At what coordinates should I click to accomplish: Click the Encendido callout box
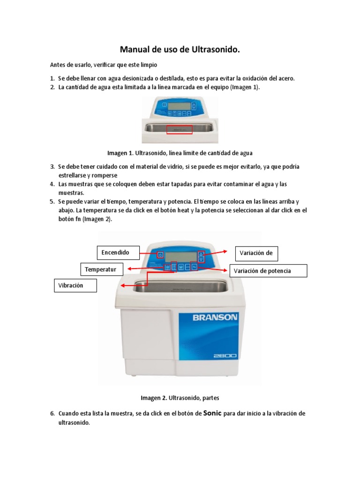click(x=119, y=253)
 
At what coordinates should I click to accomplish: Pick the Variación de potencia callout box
click(x=268, y=271)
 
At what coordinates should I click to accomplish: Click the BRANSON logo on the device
click(x=215, y=317)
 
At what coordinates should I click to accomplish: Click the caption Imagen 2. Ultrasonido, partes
click(x=180, y=398)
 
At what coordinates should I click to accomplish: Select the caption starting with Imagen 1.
click(x=180, y=153)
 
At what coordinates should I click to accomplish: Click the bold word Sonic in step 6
click(x=212, y=413)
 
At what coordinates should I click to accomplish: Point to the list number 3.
click(x=52, y=166)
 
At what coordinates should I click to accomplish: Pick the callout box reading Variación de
click(x=256, y=253)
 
